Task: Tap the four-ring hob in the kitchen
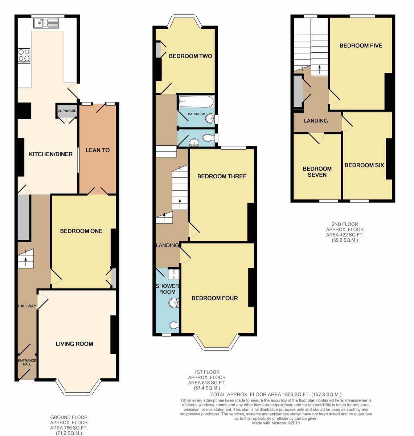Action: (24, 56)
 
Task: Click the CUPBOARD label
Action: (67, 111)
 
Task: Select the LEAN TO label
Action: (98, 150)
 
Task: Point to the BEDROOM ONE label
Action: (81, 231)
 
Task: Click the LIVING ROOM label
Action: (74, 344)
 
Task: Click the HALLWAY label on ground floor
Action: (27, 306)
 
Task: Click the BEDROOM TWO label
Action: (190, 56)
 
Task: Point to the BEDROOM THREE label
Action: (222, 176)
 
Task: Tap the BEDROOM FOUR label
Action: (215, 298)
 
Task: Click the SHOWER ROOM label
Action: (167, 289)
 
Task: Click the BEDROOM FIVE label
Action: (361, 45)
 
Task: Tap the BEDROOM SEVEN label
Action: (317, 172)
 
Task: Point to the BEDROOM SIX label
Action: (364, 165)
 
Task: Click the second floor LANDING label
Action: (316, 121)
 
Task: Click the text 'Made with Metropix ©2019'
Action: (276, 423)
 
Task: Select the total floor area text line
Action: (276, 394)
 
